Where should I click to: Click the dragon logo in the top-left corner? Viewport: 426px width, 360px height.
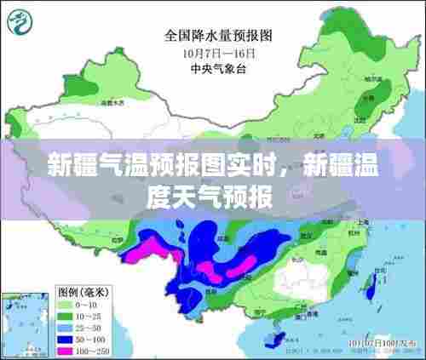(x=26, y=21)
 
